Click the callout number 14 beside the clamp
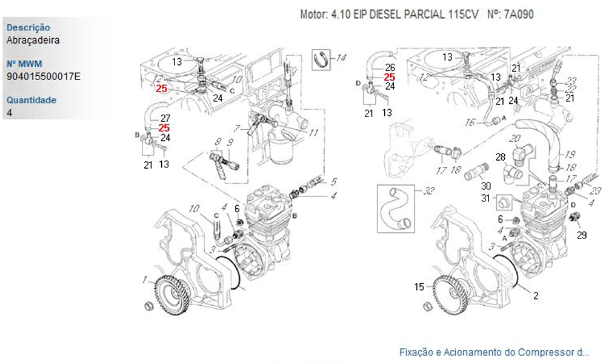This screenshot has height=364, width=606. pyautogui.click(x=341, y=58)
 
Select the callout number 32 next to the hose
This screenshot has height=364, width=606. pyautogui.click(x=429, y=191)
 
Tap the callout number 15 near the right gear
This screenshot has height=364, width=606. pyautogui.click(x=419, y=287)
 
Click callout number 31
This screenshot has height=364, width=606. pyautogui.click(x=485, y=198)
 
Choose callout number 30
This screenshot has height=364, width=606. pyautogui.click(x=485, y=185)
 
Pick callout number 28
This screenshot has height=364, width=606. pyautogui.click(x=500, y=158)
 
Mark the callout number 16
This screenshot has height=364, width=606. pyautogui.click(x=470, y=123)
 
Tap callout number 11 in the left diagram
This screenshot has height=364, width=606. pyautogui.click(x=313, y=132)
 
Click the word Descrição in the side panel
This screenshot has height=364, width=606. pyautogui.click(x=28, y=28)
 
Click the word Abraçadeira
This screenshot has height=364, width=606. pyautogui.click(x=33, y=40)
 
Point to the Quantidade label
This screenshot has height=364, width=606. pyautogui.click(x=31, y=100)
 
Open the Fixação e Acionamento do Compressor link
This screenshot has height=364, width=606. pyautogui.click(x=494, y=352)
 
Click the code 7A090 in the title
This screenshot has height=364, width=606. pyautogui.click(x=519, y=14)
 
